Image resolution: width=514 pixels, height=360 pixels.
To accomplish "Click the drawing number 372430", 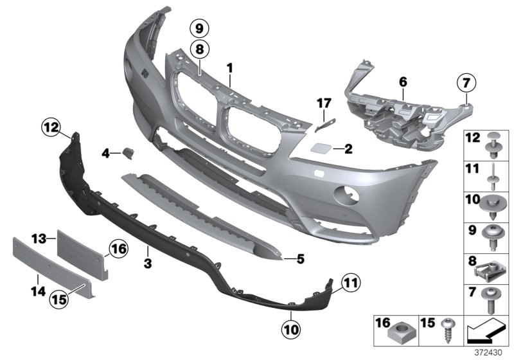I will [495, 352].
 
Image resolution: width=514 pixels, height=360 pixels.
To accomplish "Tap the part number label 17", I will [324, 102].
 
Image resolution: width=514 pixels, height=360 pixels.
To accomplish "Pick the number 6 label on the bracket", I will [403, 82].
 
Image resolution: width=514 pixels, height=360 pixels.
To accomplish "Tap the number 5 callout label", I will [300, 259].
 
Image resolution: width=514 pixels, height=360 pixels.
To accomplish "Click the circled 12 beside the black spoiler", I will [51, 128].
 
